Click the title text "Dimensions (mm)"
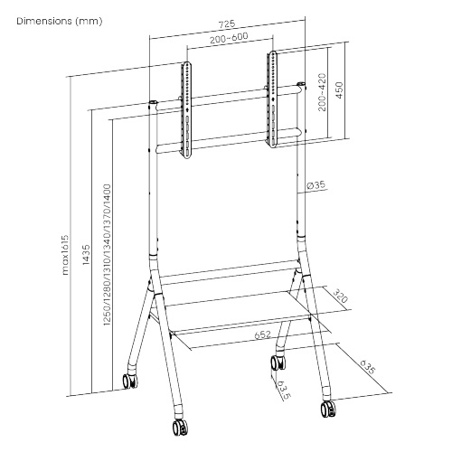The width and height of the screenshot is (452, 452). pos(60,21)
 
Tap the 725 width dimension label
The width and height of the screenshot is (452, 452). pos(227,24)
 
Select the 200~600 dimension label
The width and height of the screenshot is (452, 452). pos(229,38)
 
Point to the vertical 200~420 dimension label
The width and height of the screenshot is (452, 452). pos(322,92)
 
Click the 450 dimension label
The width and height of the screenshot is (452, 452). pos(339,90)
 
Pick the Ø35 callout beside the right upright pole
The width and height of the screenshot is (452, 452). pos(316,185)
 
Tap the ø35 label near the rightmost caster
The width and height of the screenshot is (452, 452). pos(368,367)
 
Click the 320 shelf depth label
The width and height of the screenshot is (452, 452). pos(341,297)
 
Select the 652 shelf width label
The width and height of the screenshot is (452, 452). pos(263,334)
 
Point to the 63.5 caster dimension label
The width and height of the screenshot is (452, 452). pos(283,390)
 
